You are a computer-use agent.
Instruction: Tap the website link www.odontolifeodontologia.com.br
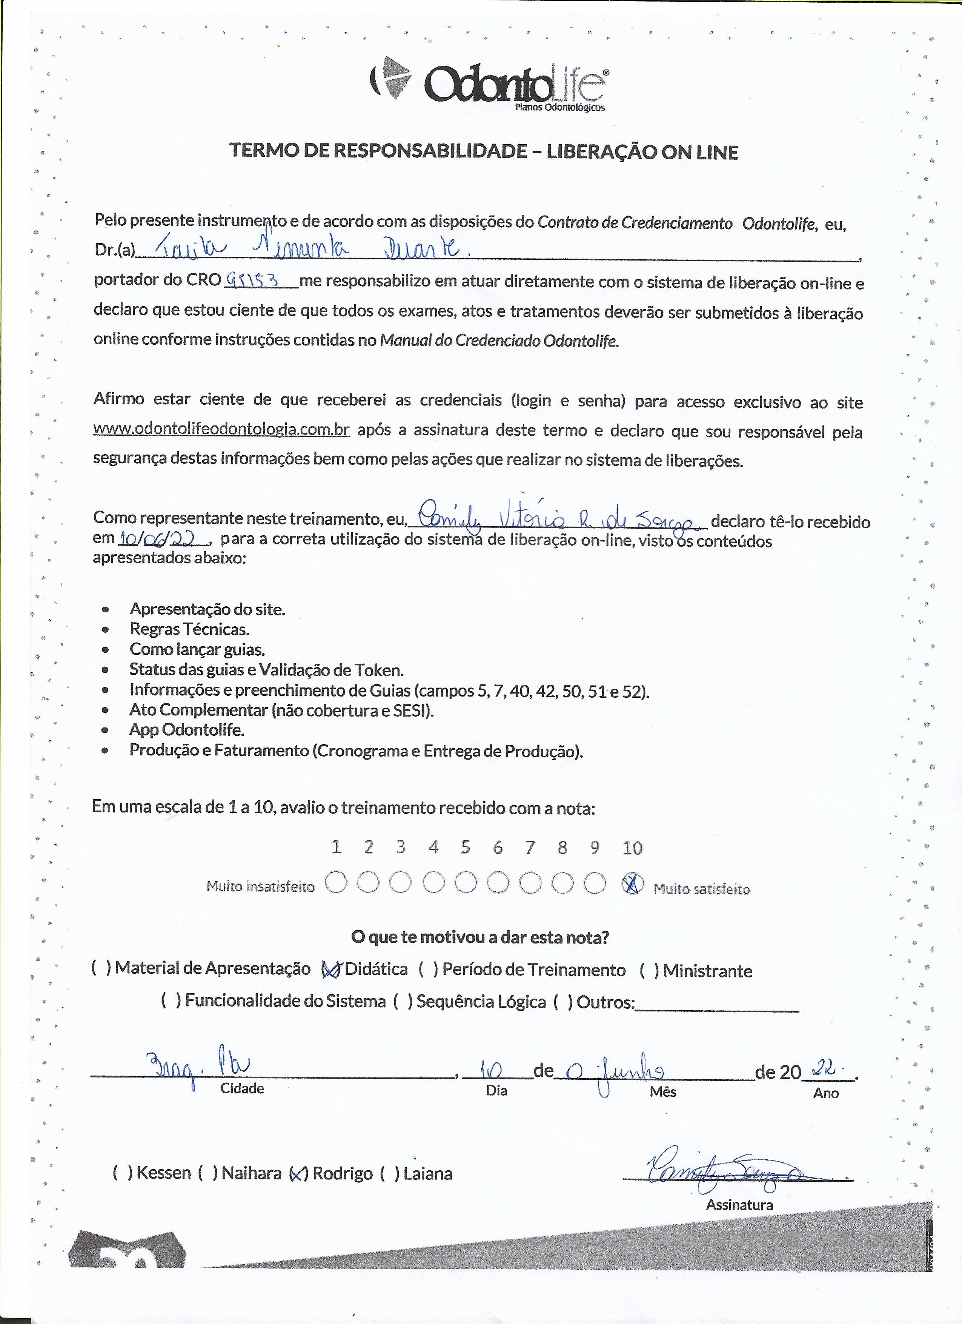pyautogui.click(x=221, y=429)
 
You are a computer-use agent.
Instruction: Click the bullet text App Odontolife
pyautogui.click(x=187, y=730)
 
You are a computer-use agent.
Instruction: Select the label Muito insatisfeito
pyautogui.click(x=260, y=886)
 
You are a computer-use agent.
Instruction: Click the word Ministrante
pyautogui.click(x=707, y=971)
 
